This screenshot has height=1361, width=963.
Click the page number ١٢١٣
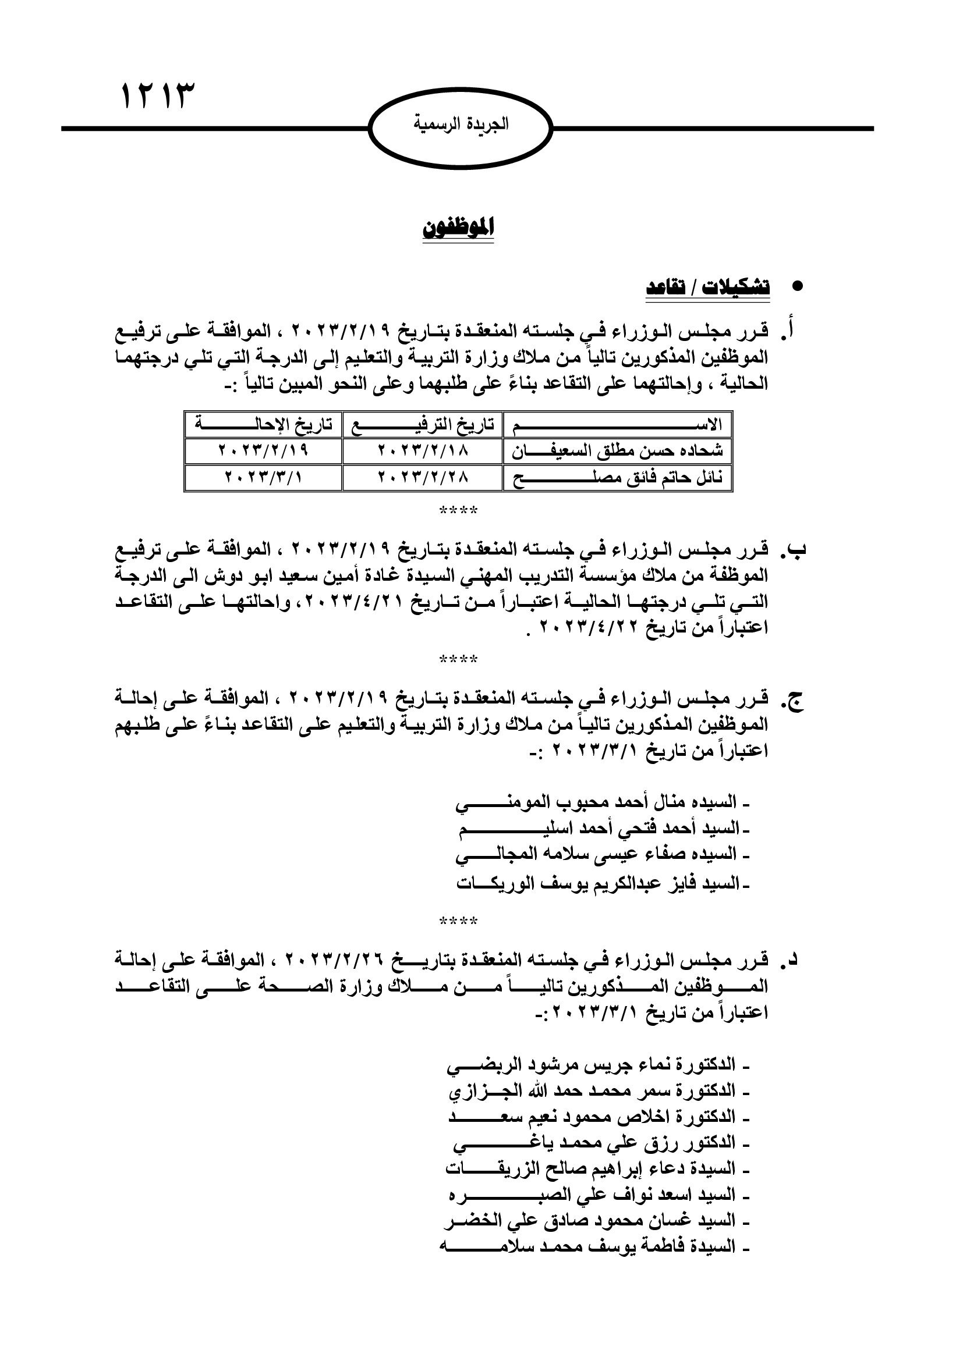(158, 96)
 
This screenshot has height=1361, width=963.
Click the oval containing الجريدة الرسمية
(460, 127)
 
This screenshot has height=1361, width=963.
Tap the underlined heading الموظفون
(458, 228)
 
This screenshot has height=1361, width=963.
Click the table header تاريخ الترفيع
(422, 425)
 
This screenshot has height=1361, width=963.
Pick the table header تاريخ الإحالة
(263, 425)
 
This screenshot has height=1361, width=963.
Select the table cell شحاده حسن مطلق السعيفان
(618, 451)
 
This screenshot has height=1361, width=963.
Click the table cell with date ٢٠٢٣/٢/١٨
(422, 451)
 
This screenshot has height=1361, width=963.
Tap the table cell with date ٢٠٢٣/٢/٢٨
(422, 477)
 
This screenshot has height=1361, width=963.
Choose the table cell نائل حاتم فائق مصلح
(618, 477)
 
